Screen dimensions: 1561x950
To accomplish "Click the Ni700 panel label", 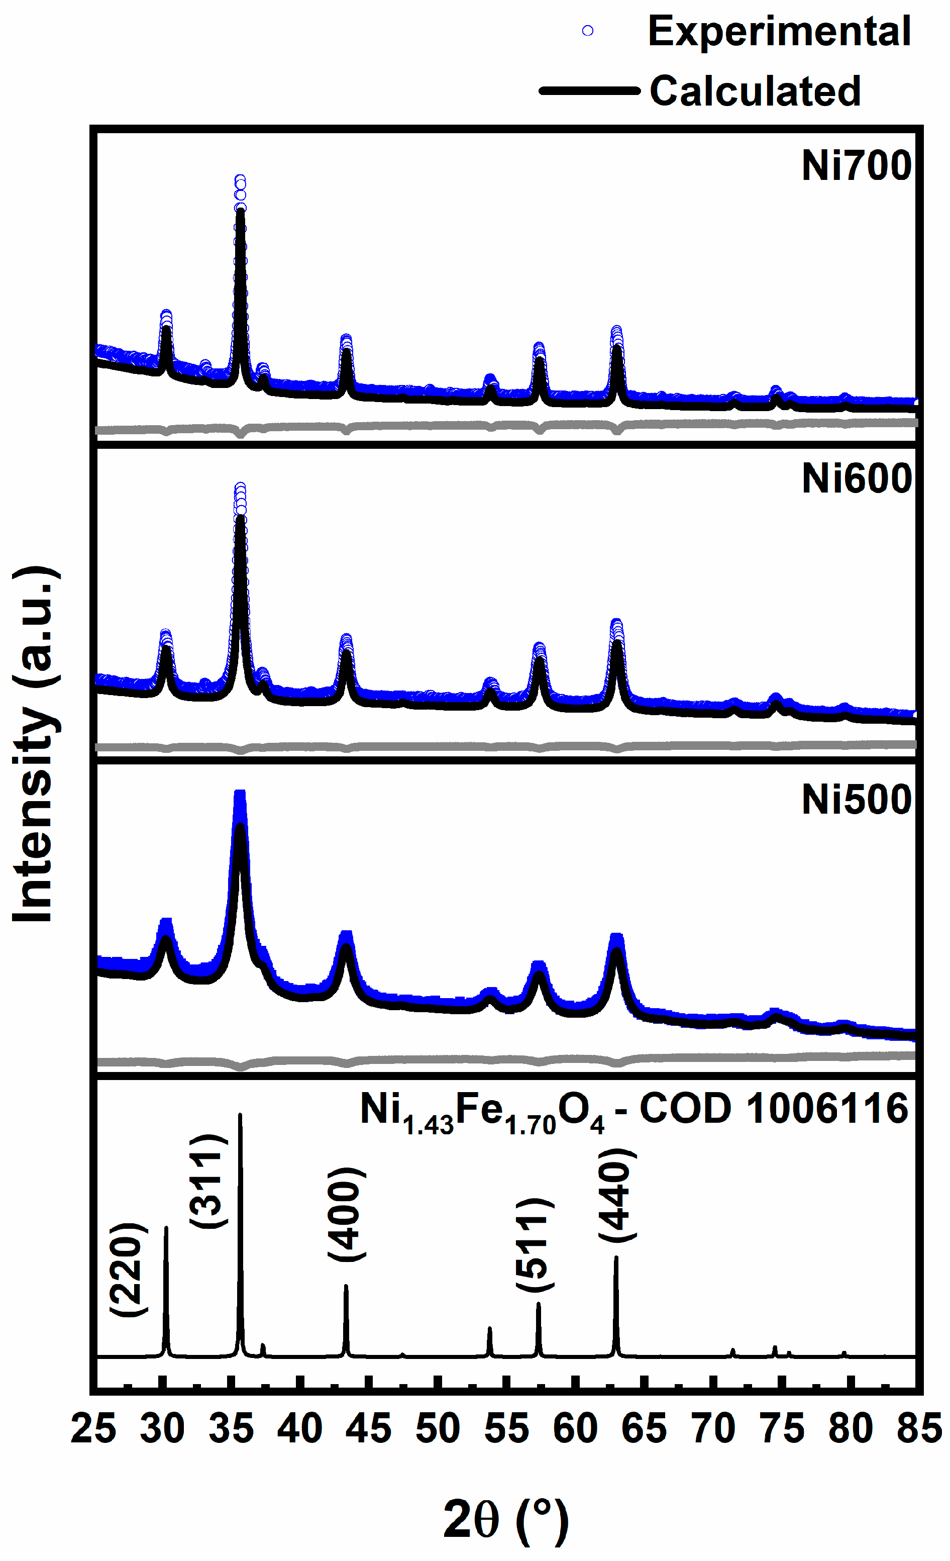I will tap(856, 166).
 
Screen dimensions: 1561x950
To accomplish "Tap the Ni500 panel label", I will tap(856, 800).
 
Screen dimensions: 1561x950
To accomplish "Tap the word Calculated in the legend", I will tap(755, 90).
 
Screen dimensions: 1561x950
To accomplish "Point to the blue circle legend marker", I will tap(588, 31).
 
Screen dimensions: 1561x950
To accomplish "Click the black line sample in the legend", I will tap(589, 90).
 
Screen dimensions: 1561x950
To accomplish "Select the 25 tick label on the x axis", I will tap(94, 1429).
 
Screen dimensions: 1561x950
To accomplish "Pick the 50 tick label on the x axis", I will tap(438, 1429).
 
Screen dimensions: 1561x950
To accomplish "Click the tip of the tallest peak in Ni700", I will tap(240, 180).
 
